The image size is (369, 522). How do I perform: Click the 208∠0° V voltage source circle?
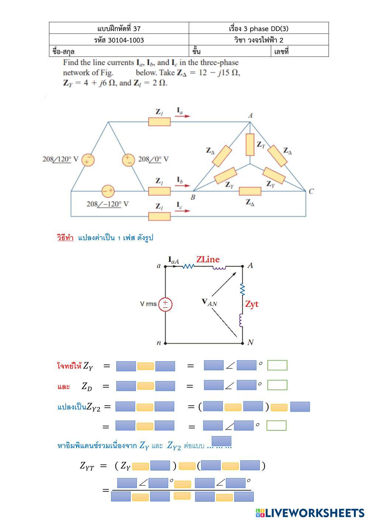128,160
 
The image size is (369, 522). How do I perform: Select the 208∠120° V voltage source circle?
88,160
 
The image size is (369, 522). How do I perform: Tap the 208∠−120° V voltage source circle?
108,191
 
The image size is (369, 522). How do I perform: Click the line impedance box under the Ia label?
159,122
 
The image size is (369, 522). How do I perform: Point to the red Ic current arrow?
182,211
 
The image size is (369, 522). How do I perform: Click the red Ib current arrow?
182,185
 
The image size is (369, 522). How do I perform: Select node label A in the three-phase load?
250,115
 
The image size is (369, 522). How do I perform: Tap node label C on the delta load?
311,191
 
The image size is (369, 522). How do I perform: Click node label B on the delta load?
193,197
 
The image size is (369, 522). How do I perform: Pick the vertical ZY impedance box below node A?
250,144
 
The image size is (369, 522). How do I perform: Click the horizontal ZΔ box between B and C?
250,191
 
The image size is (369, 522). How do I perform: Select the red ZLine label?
208,260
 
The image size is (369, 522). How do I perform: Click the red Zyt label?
252,304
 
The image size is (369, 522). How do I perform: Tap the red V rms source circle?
165,304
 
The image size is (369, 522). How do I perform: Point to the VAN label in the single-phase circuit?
209,302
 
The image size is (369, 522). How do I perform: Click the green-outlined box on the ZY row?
277,365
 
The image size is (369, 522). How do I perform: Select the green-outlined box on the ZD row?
277,385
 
